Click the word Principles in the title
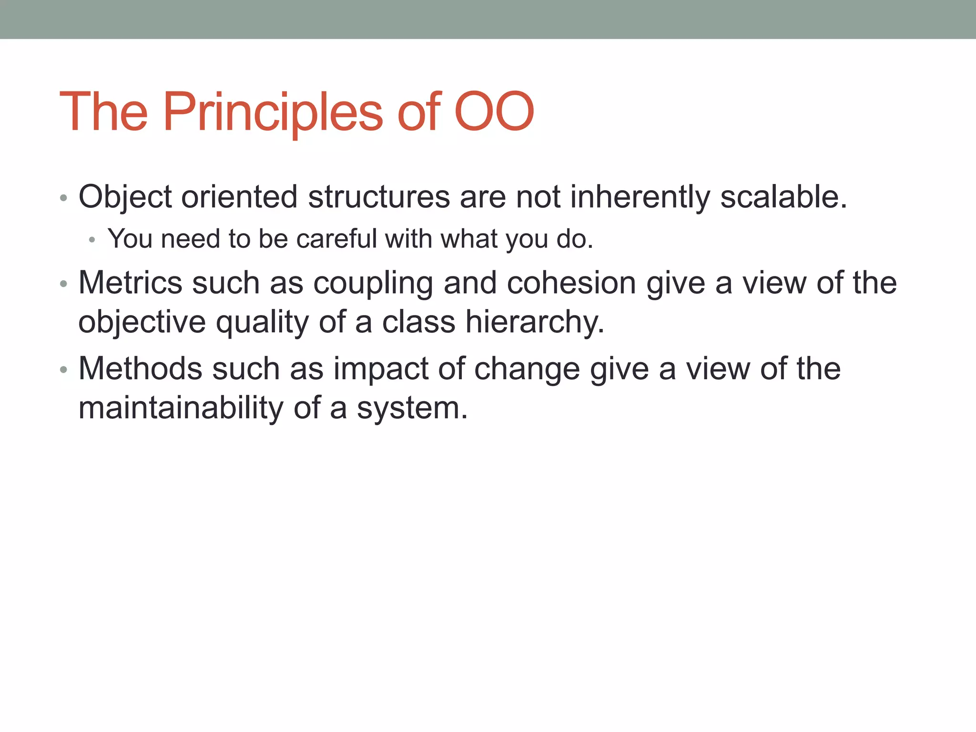[x=273, y=112]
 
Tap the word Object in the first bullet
[x=125, y=197]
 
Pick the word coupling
[x=373, y=284]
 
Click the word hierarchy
[x=535, y=322]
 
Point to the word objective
[x=142, y=322]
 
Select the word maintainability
[x=181, y=408]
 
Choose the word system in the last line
[x=412, y=409]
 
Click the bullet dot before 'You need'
[x=92, y=240]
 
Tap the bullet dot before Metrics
[x=63, y=284]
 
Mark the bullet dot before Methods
[x=63, y=370]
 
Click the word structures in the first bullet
[x=379, y=197]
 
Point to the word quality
[x=262, y=323]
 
